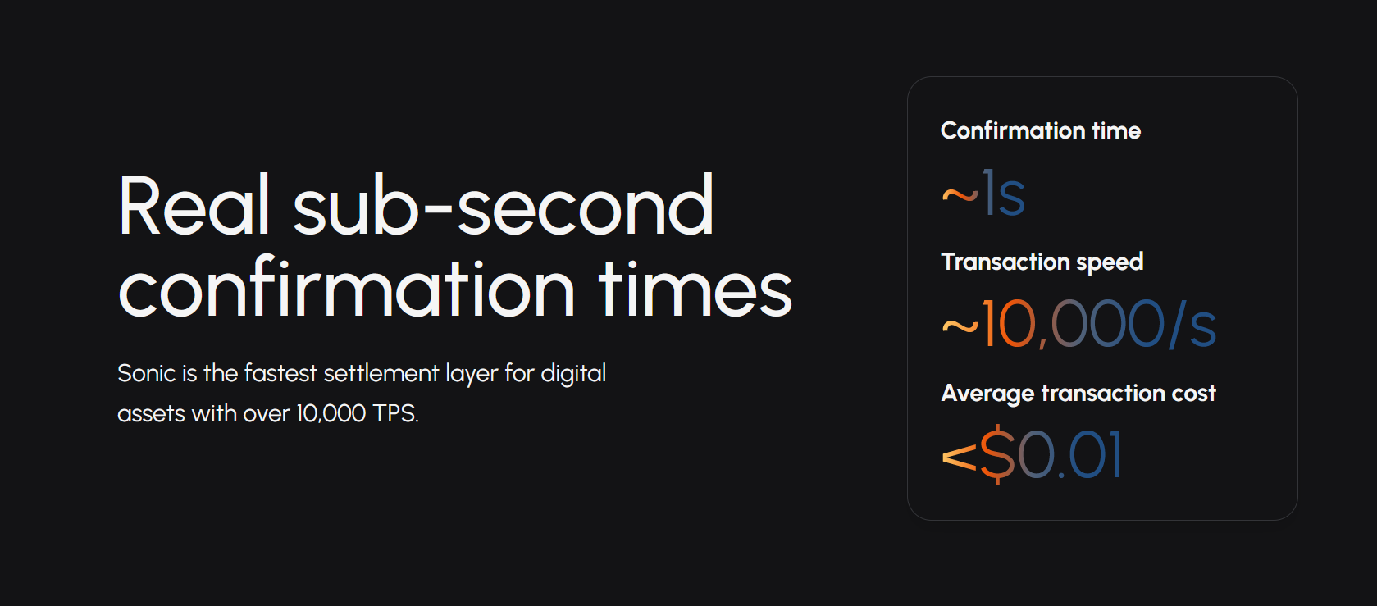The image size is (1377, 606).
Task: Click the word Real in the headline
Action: [194, 205]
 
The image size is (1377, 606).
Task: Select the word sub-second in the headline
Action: [504, 205]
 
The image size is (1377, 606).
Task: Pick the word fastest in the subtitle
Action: [280, 373]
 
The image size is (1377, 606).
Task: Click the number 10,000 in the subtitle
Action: [331, 413]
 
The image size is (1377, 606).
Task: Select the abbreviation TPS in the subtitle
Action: [395, 413]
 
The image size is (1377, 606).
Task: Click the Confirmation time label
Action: [1041, 130]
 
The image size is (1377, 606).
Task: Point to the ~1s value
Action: [983, 194]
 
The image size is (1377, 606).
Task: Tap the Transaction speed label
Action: [1042, 262]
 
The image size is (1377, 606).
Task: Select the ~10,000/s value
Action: [1078, 324]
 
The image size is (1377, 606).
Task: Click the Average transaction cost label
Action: [1078, 394]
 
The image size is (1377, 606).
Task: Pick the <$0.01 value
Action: [1033, 455]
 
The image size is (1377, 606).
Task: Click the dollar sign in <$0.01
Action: [997, 455]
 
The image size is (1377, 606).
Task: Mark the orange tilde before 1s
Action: [960, 196]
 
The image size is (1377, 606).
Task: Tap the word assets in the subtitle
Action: [151, 414]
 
